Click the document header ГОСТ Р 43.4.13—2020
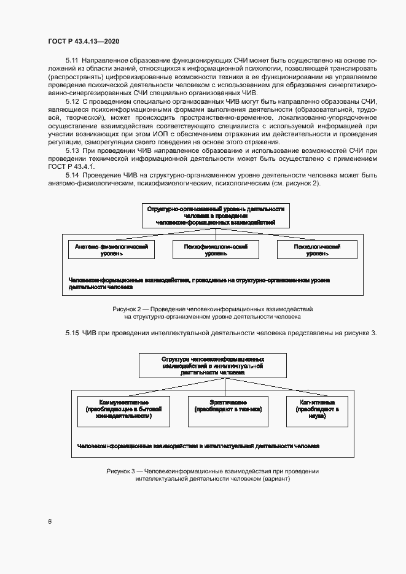coord(83,41)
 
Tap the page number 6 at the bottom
coord(50,521)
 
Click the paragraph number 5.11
coord(72,60)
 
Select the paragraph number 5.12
coord(72,101)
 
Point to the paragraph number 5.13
coord(72,150)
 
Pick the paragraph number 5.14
coord(72,175)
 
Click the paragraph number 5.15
coord(72,333)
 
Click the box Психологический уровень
coord(317,249)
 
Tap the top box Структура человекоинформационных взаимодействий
coord(213,365)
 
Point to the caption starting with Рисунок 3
coord(213,475)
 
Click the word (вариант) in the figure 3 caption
coord(272,479)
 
